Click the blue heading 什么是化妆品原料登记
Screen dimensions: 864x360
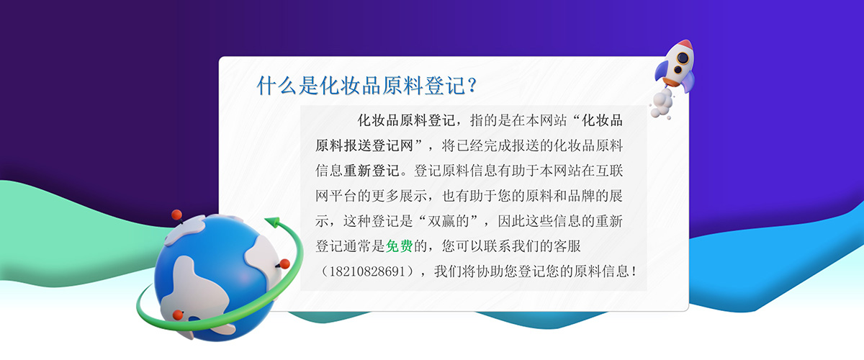(361, 85)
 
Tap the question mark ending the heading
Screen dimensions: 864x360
(472, 85)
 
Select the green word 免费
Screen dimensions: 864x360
(399, 246)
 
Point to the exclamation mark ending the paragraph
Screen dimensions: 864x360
(634, 271)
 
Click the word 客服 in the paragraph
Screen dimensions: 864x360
(567, 246)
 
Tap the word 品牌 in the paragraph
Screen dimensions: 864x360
(582, 196)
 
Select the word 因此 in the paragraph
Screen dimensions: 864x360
(511, 221)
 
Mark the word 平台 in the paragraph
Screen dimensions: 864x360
(343, 196)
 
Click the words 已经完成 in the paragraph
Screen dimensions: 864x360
(484, 145)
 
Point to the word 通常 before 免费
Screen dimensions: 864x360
(357, 246)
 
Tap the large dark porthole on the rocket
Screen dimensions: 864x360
(683, 58)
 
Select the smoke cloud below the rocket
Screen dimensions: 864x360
(661, 104)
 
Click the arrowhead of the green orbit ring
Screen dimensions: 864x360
(272, 222)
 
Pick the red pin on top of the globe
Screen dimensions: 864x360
(176, 215)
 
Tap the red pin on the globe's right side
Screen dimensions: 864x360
(284, 264)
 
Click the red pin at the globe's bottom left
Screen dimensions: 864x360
(178, 315)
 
